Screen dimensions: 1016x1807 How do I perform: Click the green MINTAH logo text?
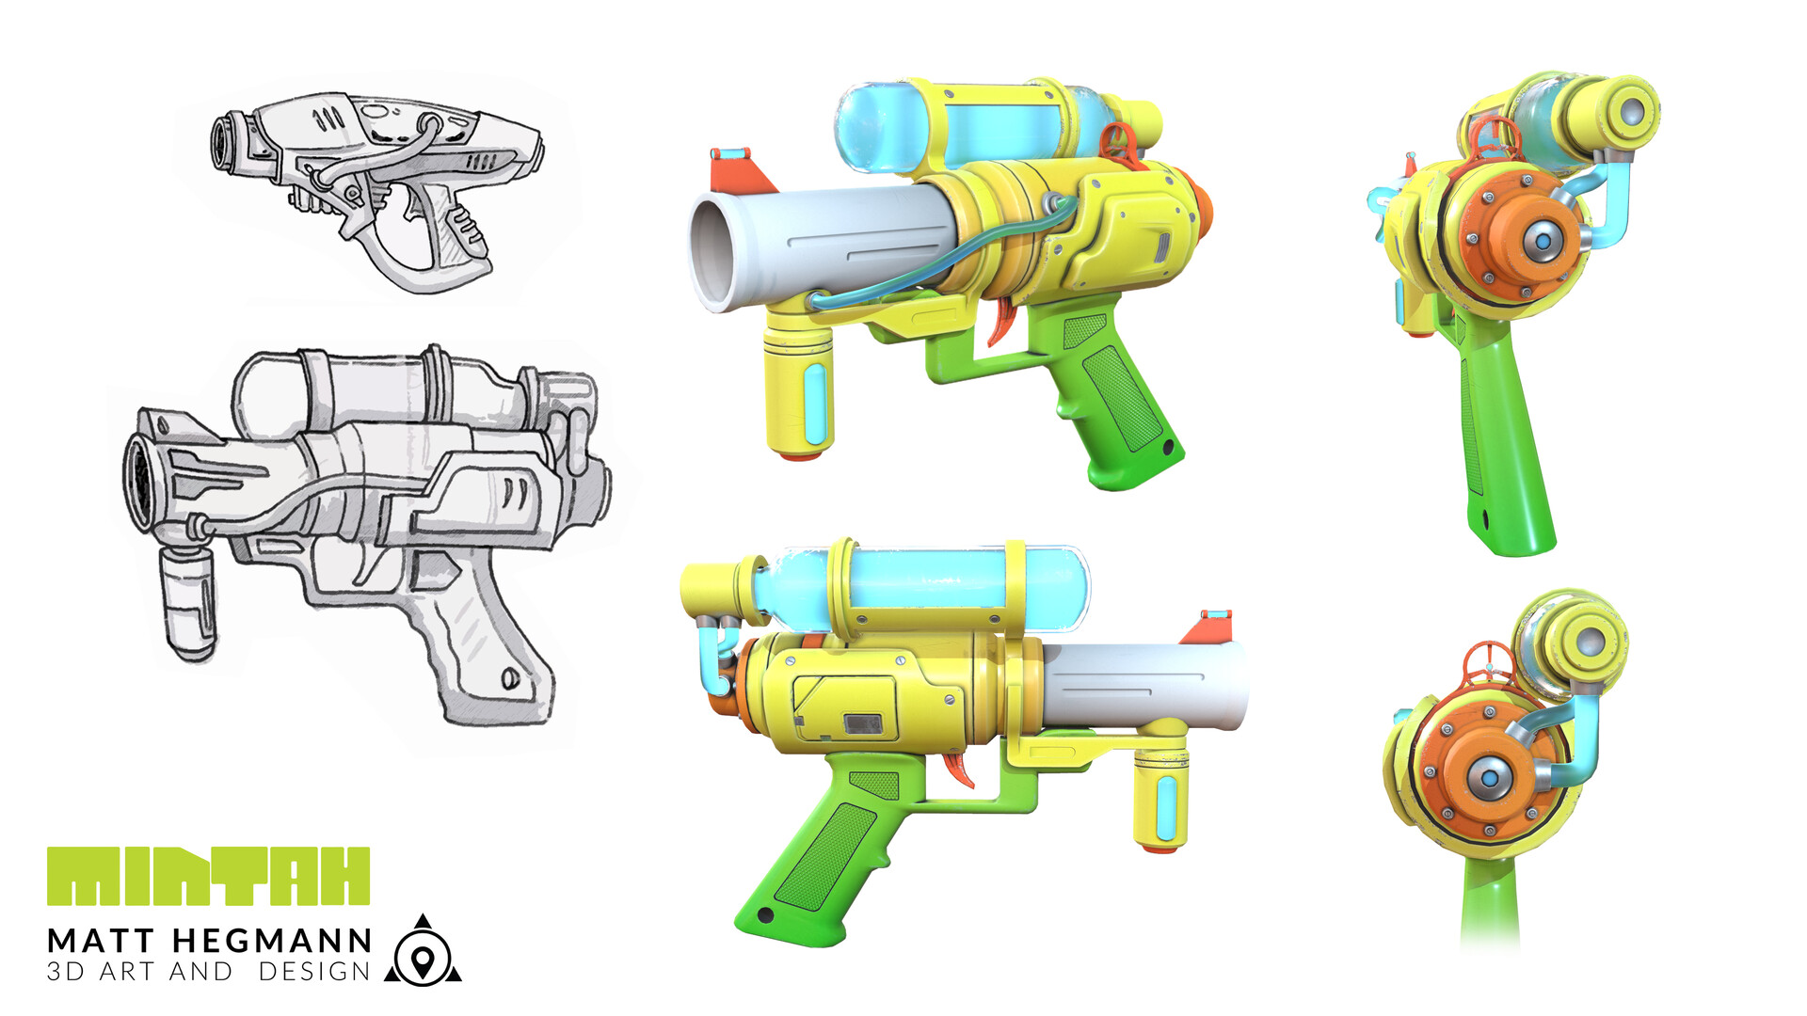click(208, 876)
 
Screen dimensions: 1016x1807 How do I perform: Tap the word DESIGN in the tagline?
click(314, 972)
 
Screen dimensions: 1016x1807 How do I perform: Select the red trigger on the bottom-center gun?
click(961, 770)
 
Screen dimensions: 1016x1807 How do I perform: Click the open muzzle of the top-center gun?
click(712, 251)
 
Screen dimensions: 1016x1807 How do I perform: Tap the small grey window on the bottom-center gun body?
click(862, 722)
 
